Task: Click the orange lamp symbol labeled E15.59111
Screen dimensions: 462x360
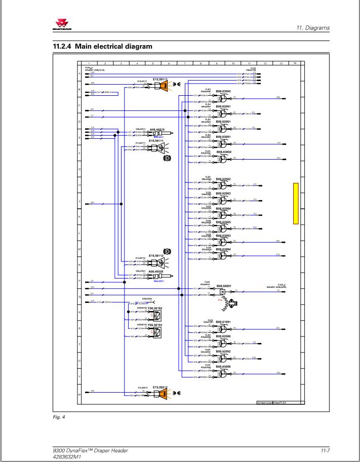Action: coord(163,87)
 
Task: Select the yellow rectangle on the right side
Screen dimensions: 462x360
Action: coord(296,203)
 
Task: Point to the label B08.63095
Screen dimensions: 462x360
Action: coord(223,91)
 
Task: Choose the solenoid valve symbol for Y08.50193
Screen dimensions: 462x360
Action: coord(157,333)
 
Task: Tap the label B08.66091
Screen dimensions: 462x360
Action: coord(223,286)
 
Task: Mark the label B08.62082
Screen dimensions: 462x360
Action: coord(223,179)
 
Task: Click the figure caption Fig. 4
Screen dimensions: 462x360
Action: coord(59,417)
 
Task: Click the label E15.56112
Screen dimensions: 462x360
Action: coord(156,256)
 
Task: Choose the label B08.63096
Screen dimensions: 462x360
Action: coord(223,366)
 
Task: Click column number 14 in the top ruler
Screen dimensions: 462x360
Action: coord(295,63)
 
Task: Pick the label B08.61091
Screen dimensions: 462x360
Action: coord(223,322)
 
